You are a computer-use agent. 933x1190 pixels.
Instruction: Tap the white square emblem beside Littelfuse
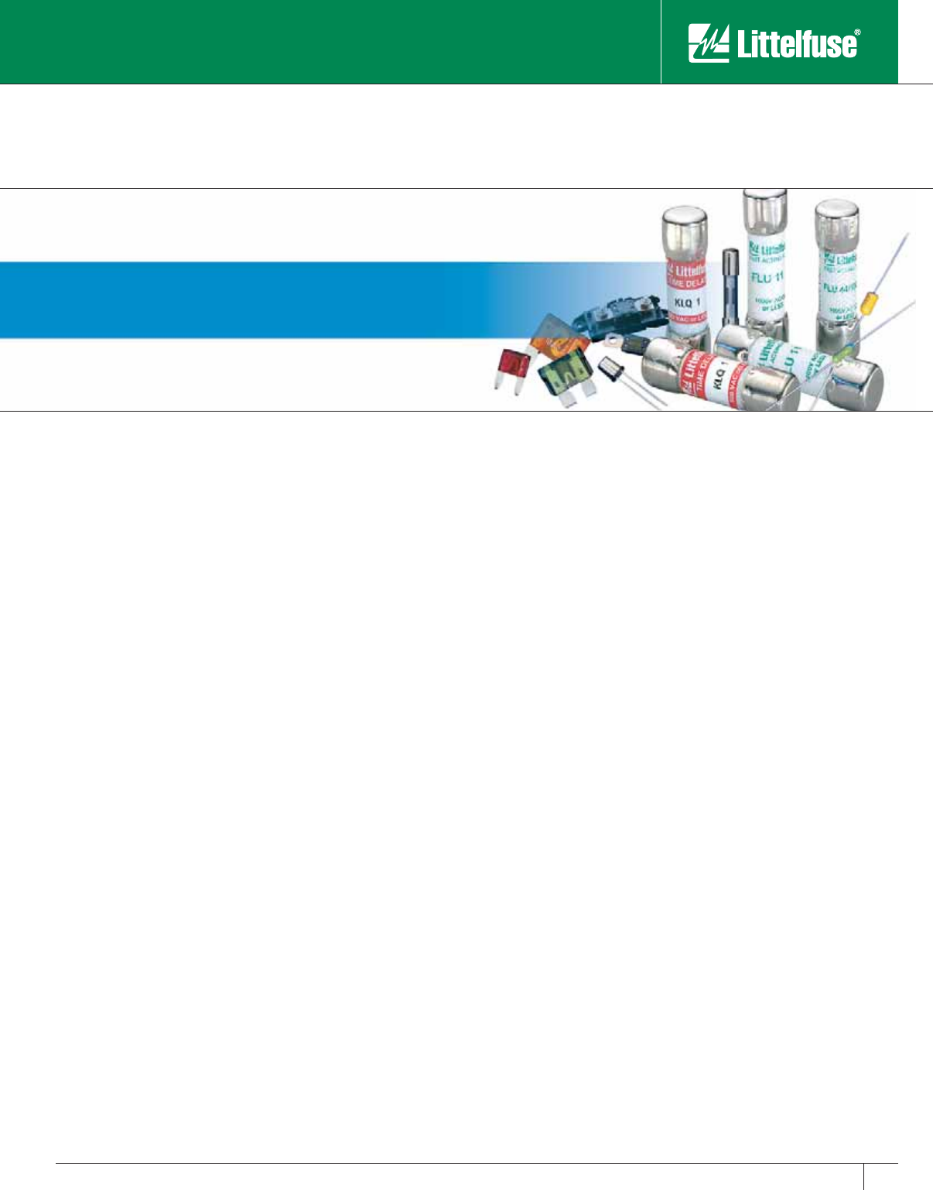coord(709,43)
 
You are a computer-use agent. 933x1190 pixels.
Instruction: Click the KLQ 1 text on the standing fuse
coord(684,301)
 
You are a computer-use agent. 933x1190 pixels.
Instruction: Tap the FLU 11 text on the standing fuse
coord(767,276)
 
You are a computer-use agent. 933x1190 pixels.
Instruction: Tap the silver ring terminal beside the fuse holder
coord(615,338)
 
